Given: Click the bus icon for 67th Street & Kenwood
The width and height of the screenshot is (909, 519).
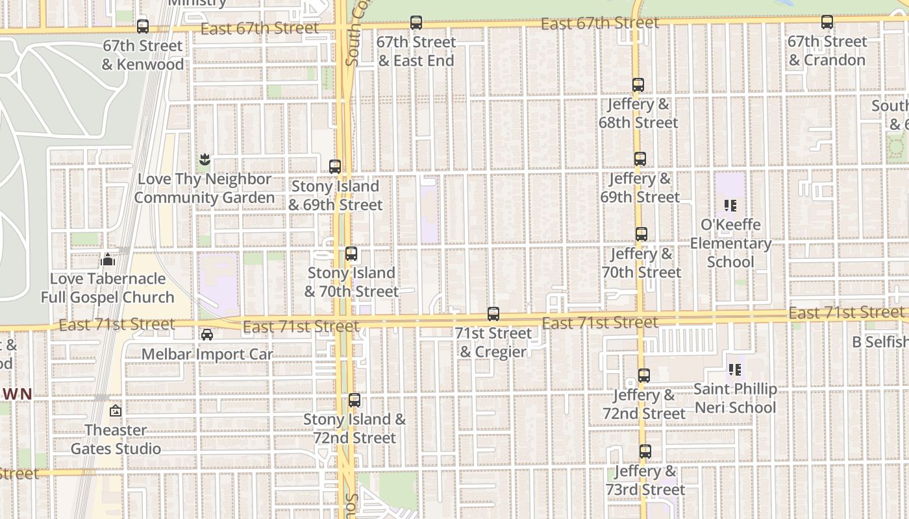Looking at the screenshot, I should [143, 27].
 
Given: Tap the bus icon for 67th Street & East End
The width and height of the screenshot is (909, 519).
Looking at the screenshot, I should [416, 23].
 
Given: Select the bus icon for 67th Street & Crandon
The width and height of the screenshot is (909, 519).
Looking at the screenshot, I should [827, 22].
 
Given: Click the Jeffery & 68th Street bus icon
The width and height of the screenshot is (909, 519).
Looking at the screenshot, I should [638, 85].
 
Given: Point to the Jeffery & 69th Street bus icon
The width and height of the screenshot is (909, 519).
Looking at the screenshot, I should [640, 159].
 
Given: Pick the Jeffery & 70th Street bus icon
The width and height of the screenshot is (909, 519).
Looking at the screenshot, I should [641, 234].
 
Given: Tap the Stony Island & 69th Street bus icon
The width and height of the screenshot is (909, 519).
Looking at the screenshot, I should [335, 167].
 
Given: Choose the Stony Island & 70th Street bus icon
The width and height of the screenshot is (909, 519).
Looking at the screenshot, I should [351, 254].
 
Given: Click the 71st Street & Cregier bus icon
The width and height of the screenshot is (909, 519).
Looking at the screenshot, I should [493, 314].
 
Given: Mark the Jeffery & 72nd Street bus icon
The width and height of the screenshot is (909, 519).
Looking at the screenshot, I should [644, 376].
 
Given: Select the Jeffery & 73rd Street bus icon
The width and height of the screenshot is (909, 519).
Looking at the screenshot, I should [645, 452].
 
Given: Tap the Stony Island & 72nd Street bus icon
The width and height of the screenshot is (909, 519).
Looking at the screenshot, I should [355, 400].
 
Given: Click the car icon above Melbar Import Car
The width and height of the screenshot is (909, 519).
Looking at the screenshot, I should [207, 335].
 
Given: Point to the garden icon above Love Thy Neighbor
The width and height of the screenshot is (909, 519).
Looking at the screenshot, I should [205, 160].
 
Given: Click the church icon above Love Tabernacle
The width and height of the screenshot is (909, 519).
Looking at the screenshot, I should [108, 259].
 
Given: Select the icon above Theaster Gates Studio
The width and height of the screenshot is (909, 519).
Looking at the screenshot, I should [116, 411].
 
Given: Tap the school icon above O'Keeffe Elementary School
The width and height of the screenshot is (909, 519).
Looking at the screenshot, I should [730, 206].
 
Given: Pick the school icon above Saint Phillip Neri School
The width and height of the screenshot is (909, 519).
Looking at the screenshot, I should [735, 370].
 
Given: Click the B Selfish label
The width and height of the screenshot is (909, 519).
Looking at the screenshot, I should [880, 342].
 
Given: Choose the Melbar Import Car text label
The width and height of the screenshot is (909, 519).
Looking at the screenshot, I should [207, 354].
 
